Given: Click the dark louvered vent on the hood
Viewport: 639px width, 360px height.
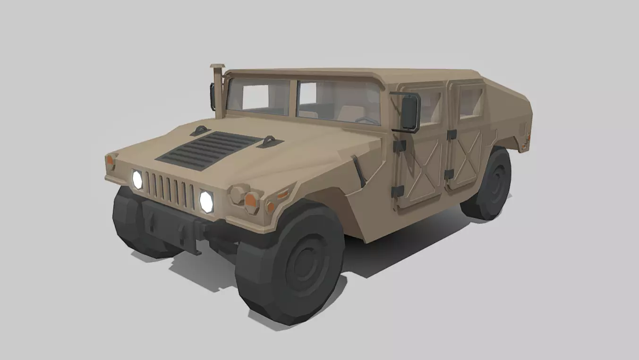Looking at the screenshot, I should click(208, 150).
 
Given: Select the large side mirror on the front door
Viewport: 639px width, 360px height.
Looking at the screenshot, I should click(409, 112).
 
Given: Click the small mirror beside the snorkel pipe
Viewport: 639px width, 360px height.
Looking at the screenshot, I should click(213, 96).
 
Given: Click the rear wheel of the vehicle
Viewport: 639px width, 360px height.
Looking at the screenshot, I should click(489, 184).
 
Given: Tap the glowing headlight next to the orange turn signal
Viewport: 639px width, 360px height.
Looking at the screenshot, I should click(206, 201).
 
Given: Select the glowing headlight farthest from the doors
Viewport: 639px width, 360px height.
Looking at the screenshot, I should click(137, 180).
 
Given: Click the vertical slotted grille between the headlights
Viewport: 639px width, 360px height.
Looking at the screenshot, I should click(169, 189).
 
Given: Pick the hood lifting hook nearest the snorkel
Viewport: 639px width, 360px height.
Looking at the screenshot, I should click(201, 130).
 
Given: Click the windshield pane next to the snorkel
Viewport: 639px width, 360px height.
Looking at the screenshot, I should click(258, 97).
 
